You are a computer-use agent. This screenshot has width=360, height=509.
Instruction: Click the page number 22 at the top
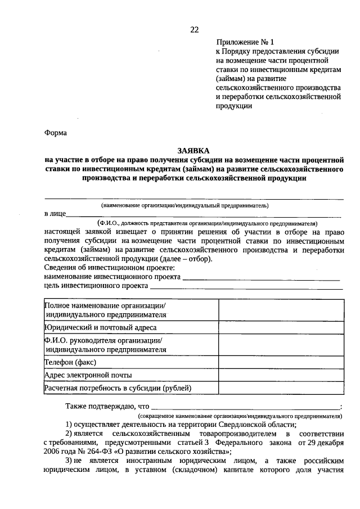click(194, 29)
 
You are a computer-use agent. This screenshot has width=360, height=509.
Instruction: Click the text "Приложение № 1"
click(247, 42)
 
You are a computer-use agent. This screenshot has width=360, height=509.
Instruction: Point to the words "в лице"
click(55, 214)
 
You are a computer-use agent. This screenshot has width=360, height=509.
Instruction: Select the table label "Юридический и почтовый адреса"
click(101, 327)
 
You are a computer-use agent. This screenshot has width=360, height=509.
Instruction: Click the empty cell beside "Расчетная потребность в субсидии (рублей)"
click(281, 388)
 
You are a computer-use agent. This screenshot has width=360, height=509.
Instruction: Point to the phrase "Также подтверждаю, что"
click(107, 407)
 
